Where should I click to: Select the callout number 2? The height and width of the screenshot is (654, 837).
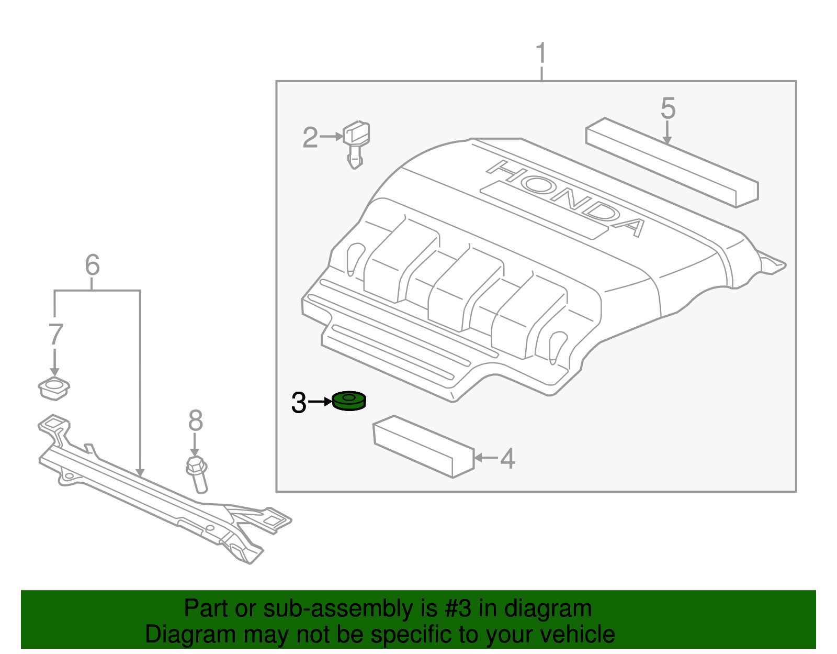310,138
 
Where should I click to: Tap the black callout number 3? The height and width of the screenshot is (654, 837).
299,403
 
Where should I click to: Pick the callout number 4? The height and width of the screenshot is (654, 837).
507,459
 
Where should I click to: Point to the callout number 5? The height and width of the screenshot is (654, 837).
668,108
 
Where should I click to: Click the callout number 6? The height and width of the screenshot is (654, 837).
92,265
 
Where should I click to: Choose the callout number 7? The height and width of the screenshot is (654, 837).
55,335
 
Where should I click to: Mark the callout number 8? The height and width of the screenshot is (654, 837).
195,420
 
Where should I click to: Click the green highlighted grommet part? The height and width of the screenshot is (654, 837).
349,401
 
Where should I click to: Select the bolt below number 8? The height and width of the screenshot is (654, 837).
197,473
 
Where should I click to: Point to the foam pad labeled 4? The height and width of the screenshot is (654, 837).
423,446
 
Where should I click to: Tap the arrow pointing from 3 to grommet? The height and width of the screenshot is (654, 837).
320,402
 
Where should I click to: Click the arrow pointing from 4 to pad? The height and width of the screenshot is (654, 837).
485,458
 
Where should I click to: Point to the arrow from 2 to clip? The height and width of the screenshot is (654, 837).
332,137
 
